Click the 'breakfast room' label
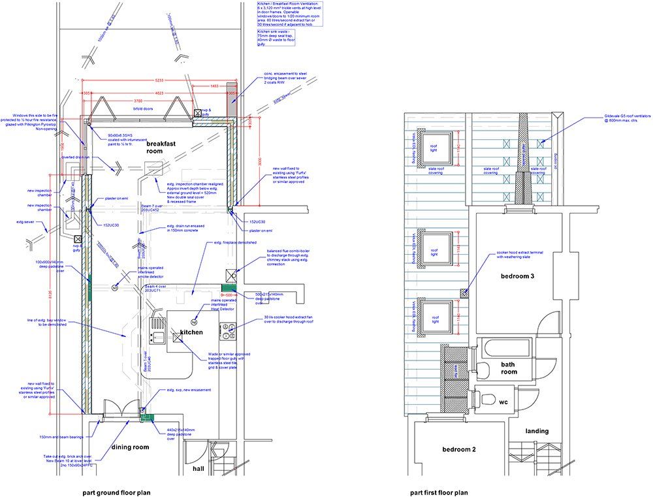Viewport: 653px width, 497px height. point(163,147)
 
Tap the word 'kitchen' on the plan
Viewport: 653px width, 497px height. point(192,332)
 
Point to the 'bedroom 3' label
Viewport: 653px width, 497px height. point(517,276)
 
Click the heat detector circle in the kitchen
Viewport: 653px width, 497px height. point(194,322)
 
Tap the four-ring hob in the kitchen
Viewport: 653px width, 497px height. point(228,332)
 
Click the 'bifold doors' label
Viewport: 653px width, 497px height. point(142,109)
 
